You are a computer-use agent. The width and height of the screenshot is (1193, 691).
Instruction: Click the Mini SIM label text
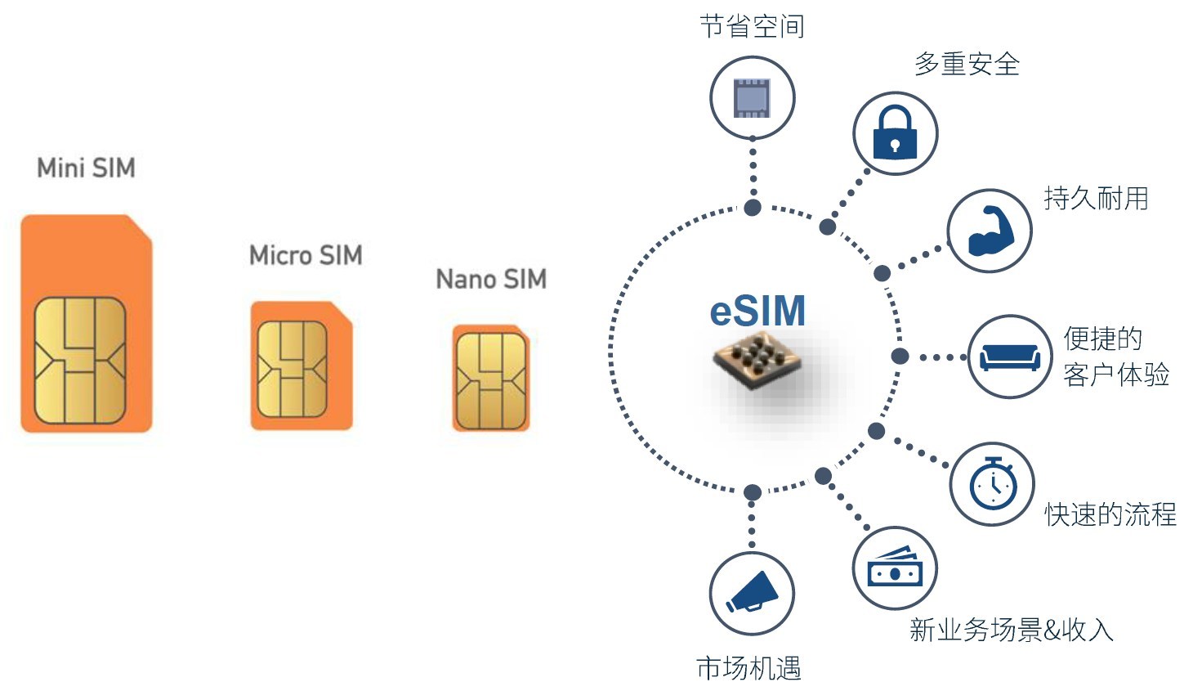86,168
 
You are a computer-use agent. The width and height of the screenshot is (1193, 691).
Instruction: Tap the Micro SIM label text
306,255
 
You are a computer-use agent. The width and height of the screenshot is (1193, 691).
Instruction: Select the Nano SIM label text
491,279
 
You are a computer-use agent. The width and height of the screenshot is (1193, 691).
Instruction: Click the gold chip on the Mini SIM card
80,360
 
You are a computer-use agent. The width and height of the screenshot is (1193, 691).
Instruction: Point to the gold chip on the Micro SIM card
292,369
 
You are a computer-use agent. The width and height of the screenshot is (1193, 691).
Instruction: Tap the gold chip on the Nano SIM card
491,380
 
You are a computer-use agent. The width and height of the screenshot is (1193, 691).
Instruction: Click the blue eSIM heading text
757,311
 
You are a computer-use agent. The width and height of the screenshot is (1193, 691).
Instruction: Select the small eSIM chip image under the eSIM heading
756,360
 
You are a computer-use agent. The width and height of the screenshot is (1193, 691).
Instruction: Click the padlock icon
895,133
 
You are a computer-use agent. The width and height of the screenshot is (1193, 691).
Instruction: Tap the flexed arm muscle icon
990,231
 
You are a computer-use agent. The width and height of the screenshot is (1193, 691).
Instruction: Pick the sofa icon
1009,357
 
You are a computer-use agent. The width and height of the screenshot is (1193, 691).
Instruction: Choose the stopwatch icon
992,484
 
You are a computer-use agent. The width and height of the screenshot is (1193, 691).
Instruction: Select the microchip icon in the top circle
752,97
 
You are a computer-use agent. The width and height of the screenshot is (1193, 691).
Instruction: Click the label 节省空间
752,26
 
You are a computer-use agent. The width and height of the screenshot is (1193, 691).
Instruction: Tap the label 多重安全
967,64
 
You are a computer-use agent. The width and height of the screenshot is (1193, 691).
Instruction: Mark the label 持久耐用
1096,198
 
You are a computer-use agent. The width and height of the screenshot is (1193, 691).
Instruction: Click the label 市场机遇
748,668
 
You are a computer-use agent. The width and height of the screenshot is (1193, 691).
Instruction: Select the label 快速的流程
1110,514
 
